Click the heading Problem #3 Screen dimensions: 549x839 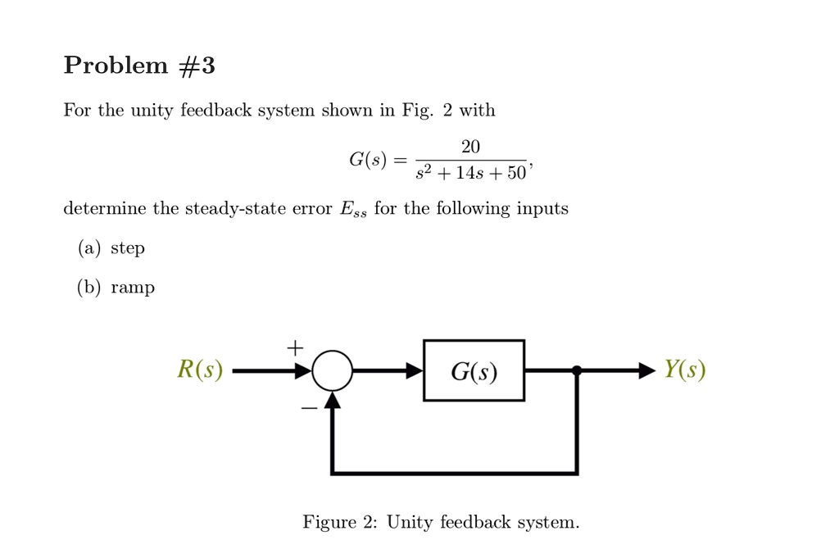pyautogui.click(x=139, y=66)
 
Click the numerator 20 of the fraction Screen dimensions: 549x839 pyautogui.click(x=470, y=147)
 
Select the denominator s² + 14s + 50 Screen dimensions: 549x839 pyautogui.click(x=472, y=175)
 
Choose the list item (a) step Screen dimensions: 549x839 pyautogui.click(x=111, y=248)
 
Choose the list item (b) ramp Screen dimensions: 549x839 pyautogui.click(x=116, y=288)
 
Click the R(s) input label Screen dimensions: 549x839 pyautogui.click(x=200, y=370)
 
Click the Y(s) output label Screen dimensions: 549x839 pyautogui.click(x=684, y=370)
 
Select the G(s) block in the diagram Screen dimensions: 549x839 pyautogui.click(x=474, y=370)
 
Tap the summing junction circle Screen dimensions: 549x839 pyautogui.click(x=332, y=370)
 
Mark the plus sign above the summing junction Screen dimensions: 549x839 pyautogui.click(x=294, y=347)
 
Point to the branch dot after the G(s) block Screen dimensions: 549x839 pyautogui.click(x=577, y=370)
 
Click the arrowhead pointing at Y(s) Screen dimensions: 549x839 pyautogui.click(x=646, y=370)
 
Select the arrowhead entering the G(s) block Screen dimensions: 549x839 pyautogui.click(x=414, y=370)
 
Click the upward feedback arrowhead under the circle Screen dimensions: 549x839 pyautogui.click(x=332, y=399)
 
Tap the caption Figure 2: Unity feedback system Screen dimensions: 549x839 pyautogui.click(x=441, y=522)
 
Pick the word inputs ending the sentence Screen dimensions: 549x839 pyautogui.click(x=542, y=209)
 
